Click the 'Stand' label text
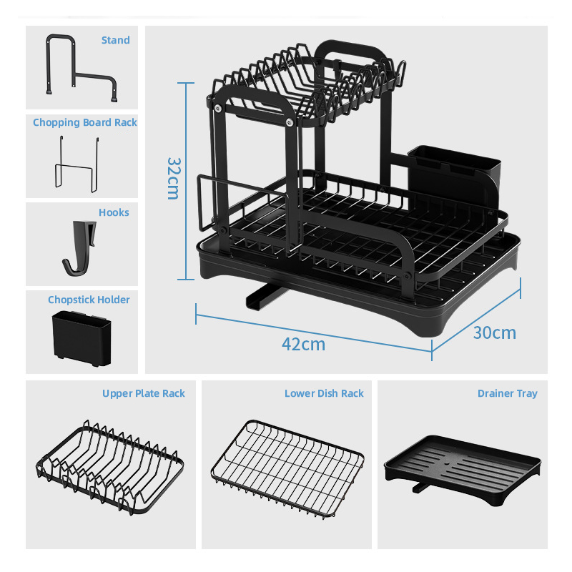click(115, 40)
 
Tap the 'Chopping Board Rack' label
click(84, 122)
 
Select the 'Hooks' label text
click(114, 212)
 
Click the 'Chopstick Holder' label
click(89, 300)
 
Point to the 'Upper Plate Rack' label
click(143, 393)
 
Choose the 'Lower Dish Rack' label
click(324, 393)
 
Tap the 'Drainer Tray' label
click(507, 393)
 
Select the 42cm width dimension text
click(303, 344)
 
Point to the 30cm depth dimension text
click(494, 332)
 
